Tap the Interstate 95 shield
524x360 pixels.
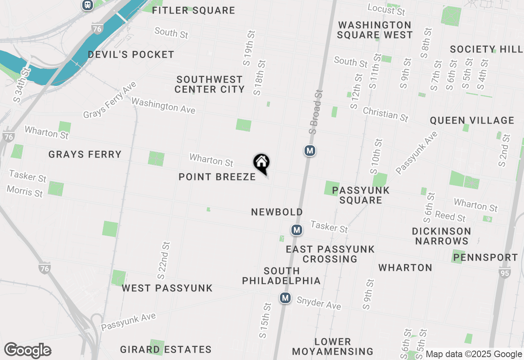(504, 272)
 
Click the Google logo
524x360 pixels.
(27, 351)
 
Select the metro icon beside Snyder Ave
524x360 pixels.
(285, 298)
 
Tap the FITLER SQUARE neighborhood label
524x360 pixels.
(193, 10)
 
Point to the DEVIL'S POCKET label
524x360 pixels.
(131, 54)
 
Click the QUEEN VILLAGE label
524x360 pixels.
(472, 120)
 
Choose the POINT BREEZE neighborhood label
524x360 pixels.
(217, 177)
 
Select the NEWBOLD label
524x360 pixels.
(277, 212)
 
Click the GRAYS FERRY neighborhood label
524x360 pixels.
(85, 154)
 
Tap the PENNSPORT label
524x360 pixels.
(486, 257)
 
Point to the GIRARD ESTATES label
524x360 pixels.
(166, 349)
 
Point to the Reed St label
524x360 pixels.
(450, 216)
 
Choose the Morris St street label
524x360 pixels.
(25, 191)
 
